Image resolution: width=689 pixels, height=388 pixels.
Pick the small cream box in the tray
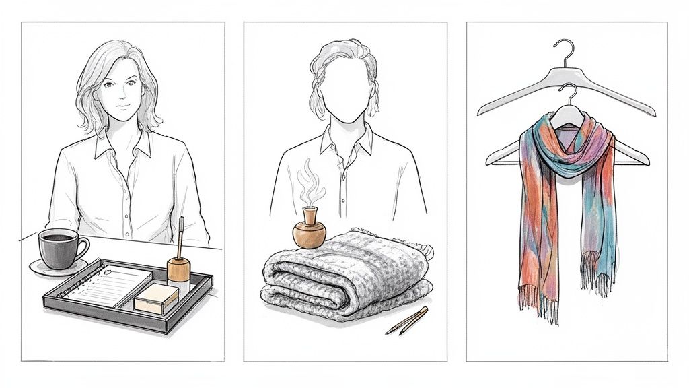click(x=156, y=297)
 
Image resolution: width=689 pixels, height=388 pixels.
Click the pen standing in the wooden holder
click(x=182, y=232)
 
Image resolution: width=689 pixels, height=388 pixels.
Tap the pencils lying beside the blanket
click(x=406, y=321)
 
